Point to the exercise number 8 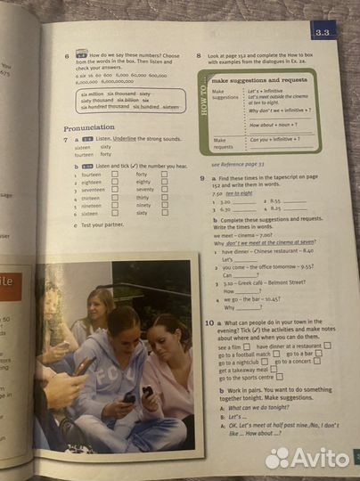click(199, 55)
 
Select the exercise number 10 click(207, 322)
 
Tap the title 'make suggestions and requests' click(259, 80)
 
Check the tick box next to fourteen click(113, 175)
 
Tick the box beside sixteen click(113, 214)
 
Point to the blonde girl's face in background click(98, 306)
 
